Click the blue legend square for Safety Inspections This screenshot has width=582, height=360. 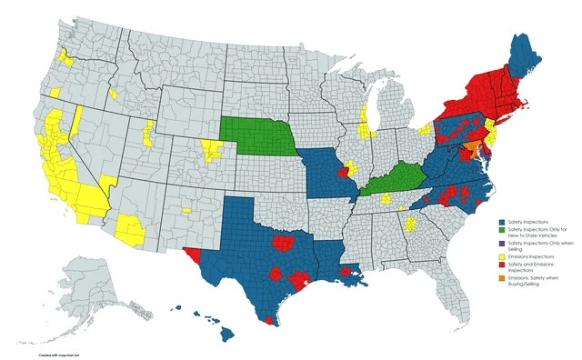pyautogui.click(x=503, y=222)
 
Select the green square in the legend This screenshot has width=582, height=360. pyautogui.click(x=503, y=233)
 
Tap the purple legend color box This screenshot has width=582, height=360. pyautogui.click(x=503, y=245)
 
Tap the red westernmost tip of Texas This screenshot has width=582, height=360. pyautogui.click(x=192, y=252)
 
